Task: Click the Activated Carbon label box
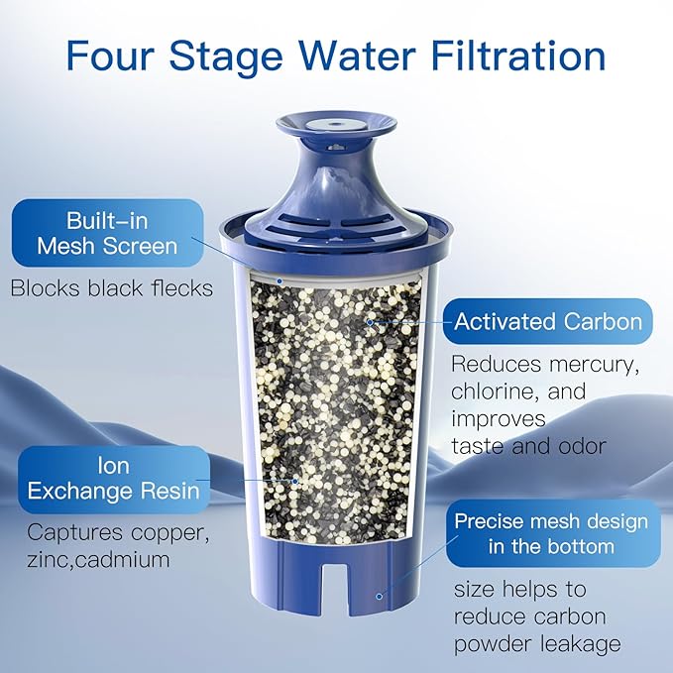coord(547,321)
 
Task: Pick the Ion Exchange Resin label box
coord(113,478)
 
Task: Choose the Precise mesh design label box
coord(550,533)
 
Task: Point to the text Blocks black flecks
coord(111,289)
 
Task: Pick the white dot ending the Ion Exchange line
coord(295,480)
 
